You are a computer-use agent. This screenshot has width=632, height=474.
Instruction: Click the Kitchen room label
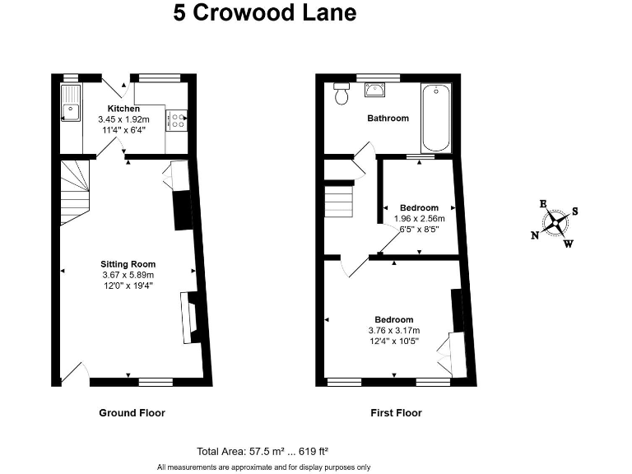pyautogui.click(x=123, y=109)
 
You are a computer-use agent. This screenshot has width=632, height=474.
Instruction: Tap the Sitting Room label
pyautogui.click(x=128, y=264)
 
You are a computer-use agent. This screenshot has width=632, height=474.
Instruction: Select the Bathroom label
pyautogui.click(x=388, y=118)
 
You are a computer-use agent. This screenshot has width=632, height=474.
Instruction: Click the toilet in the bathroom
pyautogui.click(x=342, y=94)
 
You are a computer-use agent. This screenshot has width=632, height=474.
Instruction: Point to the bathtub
pyautogui.click(x=435, y=118)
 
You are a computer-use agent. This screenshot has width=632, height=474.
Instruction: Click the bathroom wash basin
pyautogui.click(x=375, y=90)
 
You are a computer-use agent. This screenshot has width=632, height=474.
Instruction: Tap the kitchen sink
pyautogui.click(x=71, y=103)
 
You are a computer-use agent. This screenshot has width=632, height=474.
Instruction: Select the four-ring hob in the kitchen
pyautogui.click(x=176, y=120)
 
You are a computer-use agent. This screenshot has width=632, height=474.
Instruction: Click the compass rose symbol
pyautogui.click(x=555, y=223)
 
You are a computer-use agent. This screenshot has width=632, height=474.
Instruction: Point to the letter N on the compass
pyautogui.click(x=535, y=235)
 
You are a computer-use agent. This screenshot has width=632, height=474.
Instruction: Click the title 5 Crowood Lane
pyautogui.click(x=265, y=12)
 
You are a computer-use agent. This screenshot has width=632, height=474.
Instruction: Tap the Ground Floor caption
pyautogui.click(x=132, y=413)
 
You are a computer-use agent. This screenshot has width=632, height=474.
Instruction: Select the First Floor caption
pyautogui.click(x=396, y=413)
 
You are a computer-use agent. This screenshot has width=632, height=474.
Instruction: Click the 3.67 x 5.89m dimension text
pyautogui.click(x=128, y=276)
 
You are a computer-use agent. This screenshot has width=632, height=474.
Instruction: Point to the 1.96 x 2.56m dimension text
pyautogui.click(x=419, y=219)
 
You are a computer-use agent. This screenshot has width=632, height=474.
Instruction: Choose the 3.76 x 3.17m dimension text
pyautogui.click(x=394, y=331)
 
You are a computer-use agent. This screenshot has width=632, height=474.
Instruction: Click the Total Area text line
pyautogui.click(x=263, y=452)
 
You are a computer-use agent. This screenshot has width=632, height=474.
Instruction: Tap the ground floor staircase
pyautogui.click(x=75, y=193)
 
